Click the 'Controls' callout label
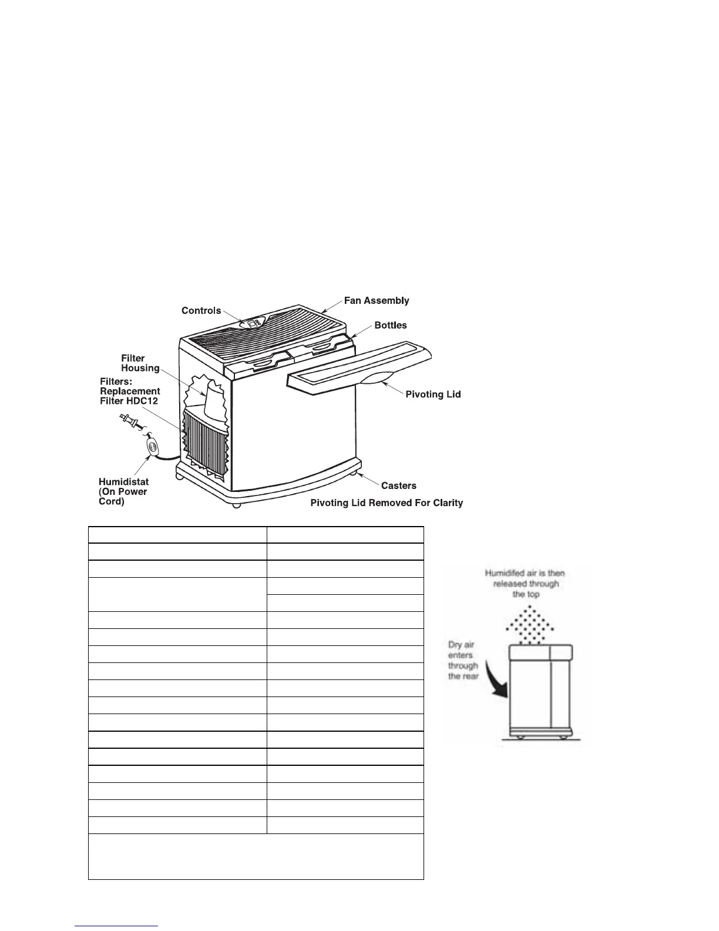(x=201, y=311)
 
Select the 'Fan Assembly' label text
(x=376, y=301)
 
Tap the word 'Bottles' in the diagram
(x=391, y=326)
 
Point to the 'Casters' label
(x=398, y=485)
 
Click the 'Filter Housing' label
(x=140, y=363)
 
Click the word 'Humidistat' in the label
(x=123, y=482)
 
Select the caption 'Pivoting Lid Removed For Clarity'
(x=387, y=503)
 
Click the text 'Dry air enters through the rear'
(x=463, y=661)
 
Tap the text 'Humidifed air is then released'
(x=525, y=578)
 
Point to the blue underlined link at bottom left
(x=117, y=926)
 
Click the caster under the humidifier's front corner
(x=236, y=504)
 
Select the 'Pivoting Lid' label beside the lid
(x=433, y=394)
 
